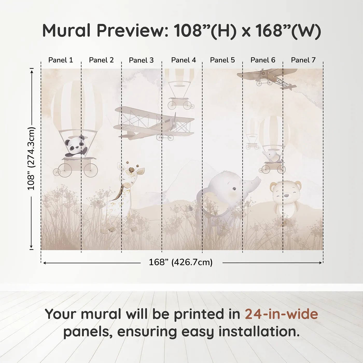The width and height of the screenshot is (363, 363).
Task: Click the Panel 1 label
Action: [x=61, y=60]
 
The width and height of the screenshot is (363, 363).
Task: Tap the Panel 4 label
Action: [x=184, y=60]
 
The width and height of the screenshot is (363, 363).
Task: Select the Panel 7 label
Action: [x=303, y=60]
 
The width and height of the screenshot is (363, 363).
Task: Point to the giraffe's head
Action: [x=131, y=174]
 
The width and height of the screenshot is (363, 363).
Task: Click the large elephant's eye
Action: [x=234, y=189]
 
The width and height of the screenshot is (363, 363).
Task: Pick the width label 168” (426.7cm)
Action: [x=181, y=262]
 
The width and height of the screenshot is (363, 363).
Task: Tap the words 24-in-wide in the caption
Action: [x=281, y=314]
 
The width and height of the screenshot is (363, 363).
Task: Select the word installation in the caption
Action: [x=259, y=332]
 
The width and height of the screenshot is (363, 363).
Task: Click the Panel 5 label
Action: [x=222, y=60]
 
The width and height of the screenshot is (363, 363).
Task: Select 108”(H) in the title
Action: [x=205, y=31]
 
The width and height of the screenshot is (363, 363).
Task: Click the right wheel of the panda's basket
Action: [x=91, y=170]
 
